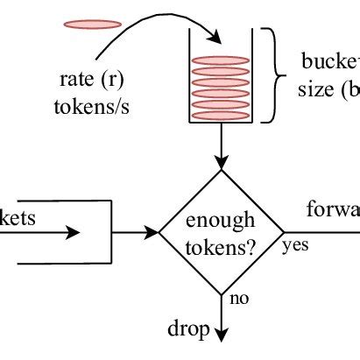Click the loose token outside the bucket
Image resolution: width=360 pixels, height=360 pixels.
click(x=92, y=24)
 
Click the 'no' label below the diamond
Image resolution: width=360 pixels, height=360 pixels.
click(x=239, y=300)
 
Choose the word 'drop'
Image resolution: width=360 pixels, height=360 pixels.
click(x=188, y=329)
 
